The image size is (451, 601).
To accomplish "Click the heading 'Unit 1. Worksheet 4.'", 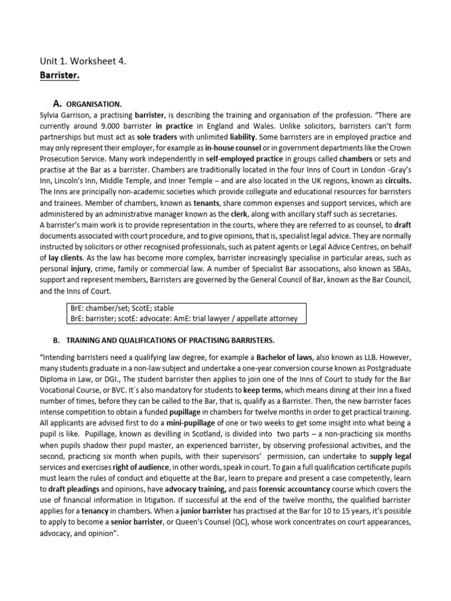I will (82, 61).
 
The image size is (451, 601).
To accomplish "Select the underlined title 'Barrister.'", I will (60, 76).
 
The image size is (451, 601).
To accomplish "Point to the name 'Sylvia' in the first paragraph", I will (49, 115).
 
